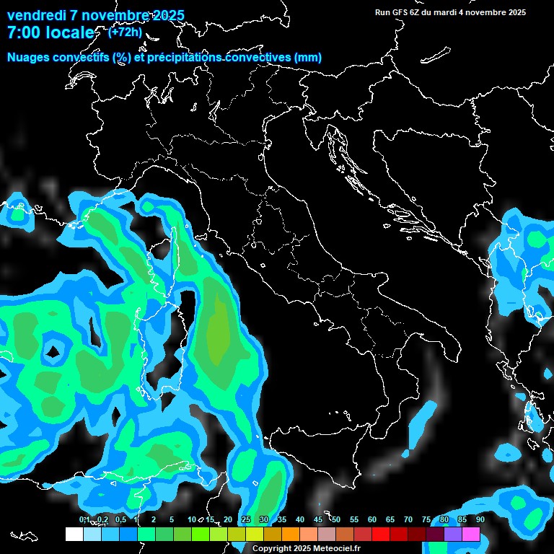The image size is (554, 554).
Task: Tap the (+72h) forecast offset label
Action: pos(124,32)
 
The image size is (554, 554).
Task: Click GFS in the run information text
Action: pos(399,12)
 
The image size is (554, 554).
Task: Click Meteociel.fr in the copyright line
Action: pos(332,549)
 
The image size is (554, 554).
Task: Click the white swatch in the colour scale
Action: pos(74,535)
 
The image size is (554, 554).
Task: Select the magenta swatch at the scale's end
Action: pos(471,535)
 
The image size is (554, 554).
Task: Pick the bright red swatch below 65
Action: pos(381,535)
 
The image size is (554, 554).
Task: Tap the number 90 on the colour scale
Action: pos(480,520)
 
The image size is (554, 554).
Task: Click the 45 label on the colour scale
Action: pos(318,520)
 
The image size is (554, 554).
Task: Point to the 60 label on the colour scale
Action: pos(372,520)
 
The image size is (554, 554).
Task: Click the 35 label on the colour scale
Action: pos(282,520)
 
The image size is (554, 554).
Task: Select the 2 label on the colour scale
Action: pos(154,520)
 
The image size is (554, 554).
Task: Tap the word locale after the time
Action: pos(69,32)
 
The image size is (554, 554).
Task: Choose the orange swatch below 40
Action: pos(291,535)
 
